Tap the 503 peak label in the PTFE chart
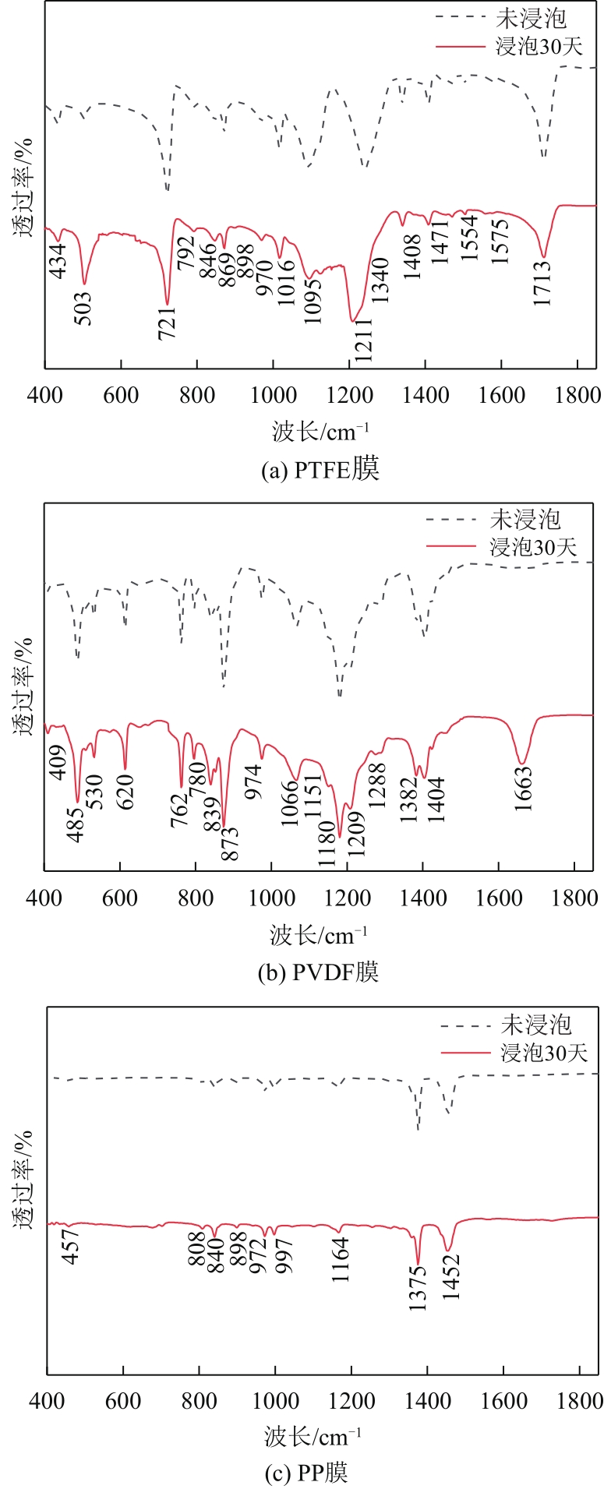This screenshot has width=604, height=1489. pyautogui.click(x=83, y=309)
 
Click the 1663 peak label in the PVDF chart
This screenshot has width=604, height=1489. pyautogui.click(x=523, y=789)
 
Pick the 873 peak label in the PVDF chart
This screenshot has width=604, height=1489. pyautogui.click(x=231, y=843)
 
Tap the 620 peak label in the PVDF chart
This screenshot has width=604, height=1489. pyautogui.click(x=126, y=792)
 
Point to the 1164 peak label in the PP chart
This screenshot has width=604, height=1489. pyautogui.click(x=341, y=1260)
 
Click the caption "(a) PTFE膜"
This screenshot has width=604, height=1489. pyautogui.click(x=320, y=470)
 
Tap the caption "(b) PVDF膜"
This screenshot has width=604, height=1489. pyautogui.click(x=318, y=972)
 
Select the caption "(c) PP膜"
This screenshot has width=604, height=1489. pyautogui.click(x=316, y=1473)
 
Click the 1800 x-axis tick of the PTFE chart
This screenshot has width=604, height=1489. pyautogui.click(x=578, y=395)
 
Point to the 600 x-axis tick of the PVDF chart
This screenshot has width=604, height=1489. pyautogui.click(x=119, y=898)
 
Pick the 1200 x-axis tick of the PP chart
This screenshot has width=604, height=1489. pyautogui.click(x=351, y=1400)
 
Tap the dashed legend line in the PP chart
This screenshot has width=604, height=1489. pyautogui.click(x=465, y=1025)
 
